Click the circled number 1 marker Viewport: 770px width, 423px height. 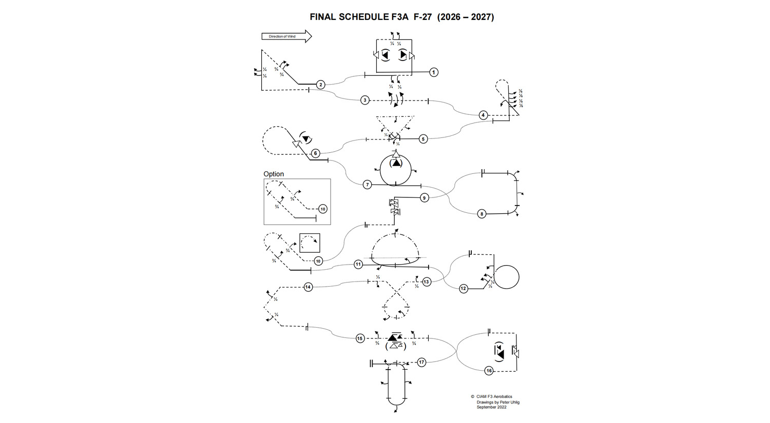pos(434,72)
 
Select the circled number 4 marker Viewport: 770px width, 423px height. pos(483,115)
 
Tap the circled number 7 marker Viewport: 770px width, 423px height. pos(367,185)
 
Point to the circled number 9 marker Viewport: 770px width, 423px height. pos(424,198)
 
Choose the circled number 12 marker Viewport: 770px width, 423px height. pos(464,289)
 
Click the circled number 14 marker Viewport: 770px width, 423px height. pos(308,287)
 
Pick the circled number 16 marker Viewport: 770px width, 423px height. pos(489,371)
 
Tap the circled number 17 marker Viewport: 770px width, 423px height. pos(421,362)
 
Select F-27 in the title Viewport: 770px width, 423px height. pos(422,17)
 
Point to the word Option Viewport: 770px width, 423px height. pos(274,174)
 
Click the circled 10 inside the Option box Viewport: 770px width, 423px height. pos(322,209)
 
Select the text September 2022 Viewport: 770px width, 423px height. pos(491,407)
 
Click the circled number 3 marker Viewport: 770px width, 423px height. pos(365,100)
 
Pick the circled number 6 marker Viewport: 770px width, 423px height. pos(316,153)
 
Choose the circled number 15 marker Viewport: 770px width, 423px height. pos(360,338)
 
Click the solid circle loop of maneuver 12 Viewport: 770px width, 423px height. pos(506,277)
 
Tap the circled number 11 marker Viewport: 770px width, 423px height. pos(358,265)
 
